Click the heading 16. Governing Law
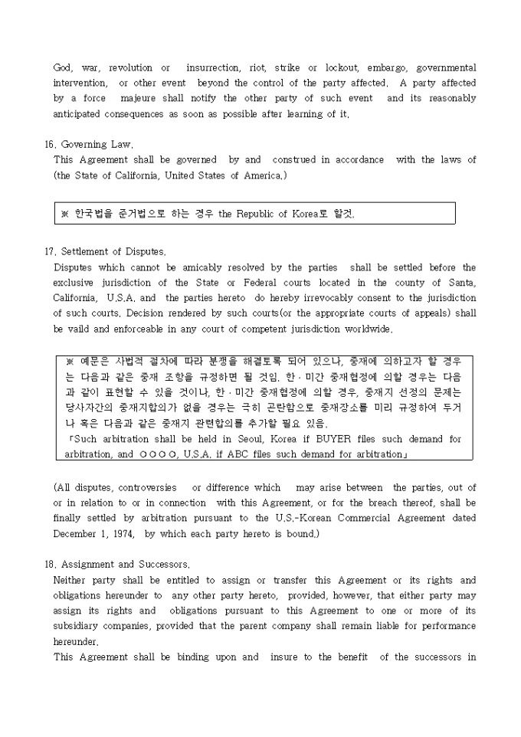(89, 144)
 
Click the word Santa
(461, 283)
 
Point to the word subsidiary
(79, 626)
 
